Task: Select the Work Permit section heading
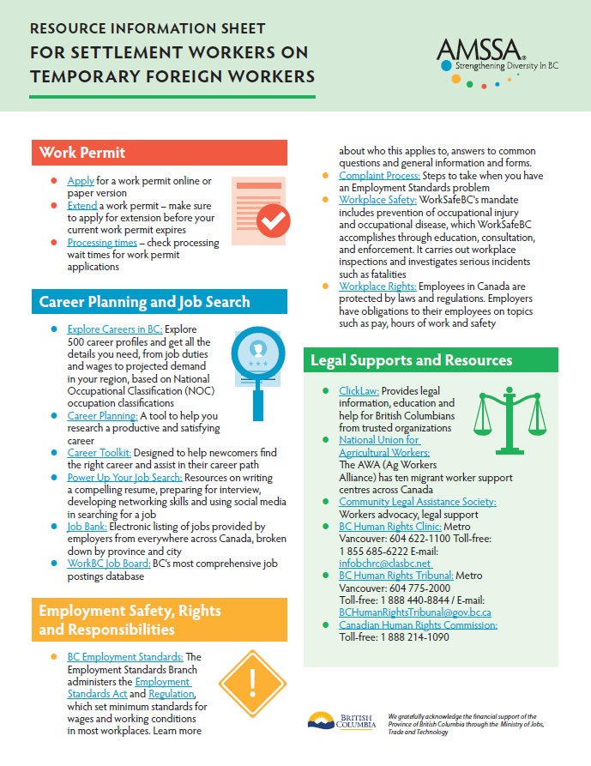[82, 153]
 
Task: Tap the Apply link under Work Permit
[81, 181]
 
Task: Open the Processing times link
[102, 243]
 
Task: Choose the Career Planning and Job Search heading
[145, 302]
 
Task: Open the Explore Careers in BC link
[115, 329]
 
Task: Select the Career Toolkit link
[100, 452]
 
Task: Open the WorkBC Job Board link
[109, 564]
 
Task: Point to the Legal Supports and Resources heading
[412, 361]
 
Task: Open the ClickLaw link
[359, 390]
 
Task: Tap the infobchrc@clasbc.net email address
[383, 563]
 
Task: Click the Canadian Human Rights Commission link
[418, 625]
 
